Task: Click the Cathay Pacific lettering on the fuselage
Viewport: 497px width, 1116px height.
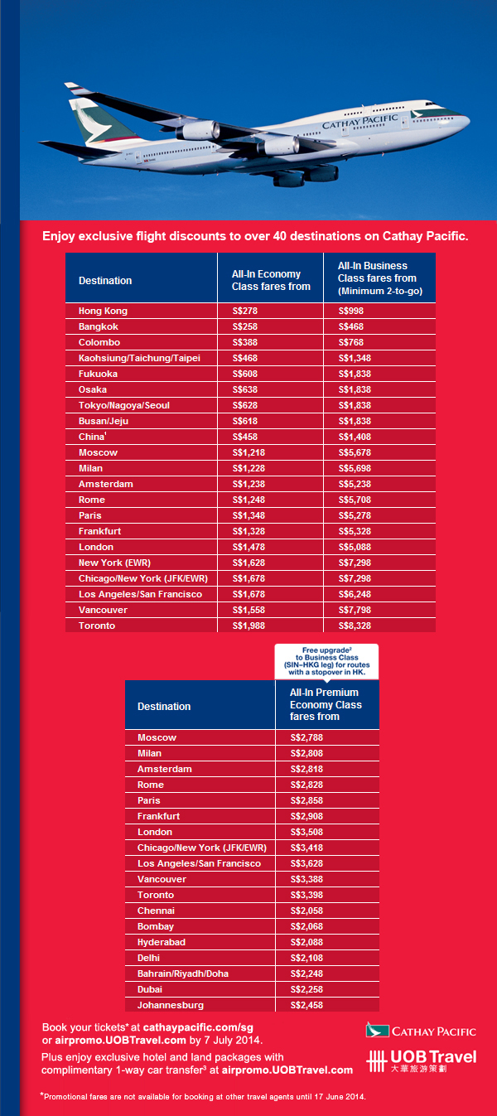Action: point(359,121)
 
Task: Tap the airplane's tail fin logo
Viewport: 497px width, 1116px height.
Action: point(94,124)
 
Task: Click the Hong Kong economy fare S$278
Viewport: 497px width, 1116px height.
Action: point(245,311)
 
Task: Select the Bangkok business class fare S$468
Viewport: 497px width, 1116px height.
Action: point(351,326)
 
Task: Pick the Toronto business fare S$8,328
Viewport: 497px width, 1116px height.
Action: point(355,626)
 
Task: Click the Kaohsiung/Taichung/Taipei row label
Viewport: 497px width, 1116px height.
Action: point(139,358)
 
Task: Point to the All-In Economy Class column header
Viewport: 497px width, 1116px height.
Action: point(271,280)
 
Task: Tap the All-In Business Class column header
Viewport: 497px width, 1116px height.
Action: point(380,278)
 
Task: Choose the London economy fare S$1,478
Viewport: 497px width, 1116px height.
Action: point(248,547)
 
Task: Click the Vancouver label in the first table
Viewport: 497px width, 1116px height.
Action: point(103,610)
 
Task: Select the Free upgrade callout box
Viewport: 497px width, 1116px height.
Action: point(326,661)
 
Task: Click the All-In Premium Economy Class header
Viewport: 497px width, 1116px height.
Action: point(326,704)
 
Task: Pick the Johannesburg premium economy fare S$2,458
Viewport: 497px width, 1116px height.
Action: point(306,1005)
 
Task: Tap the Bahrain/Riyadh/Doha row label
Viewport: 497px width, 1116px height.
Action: point(183,973)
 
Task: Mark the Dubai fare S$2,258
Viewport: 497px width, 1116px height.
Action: point(306,989)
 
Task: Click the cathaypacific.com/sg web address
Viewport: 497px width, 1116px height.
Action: point(198,1027)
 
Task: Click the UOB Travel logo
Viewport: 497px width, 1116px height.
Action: point(422,1061)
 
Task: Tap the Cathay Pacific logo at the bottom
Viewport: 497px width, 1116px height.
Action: point(422,1031)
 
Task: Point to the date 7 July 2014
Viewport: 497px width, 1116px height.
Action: point(232,1041)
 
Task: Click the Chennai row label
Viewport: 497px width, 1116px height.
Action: point(156,911)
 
